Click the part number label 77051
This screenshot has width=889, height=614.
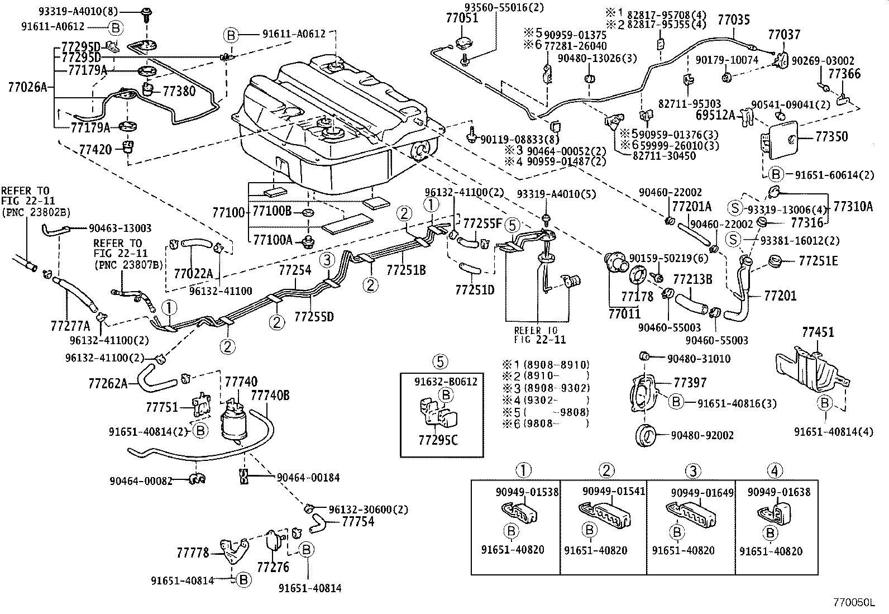tap(461, 18)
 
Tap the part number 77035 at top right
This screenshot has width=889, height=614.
tap(734, 21)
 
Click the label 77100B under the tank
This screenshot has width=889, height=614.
tap(273, 211)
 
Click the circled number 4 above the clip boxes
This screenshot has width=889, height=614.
tap(775, 471)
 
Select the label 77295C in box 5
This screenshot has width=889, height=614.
tap(438, 440)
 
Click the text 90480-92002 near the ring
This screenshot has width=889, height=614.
tap(702, 435)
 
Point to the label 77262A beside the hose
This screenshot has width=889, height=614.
tap(108, 383)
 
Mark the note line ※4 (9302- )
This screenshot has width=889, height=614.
tap(546, 400)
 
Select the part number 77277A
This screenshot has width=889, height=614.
tap(70, 325)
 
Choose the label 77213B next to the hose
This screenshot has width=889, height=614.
tap(692, 279)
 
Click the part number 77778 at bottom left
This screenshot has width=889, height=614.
tap(193, 553)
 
